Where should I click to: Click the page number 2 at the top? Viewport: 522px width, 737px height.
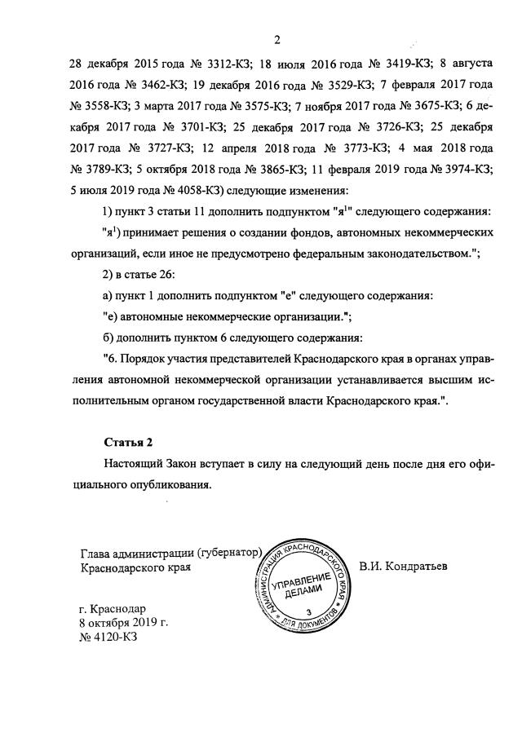pyautogui.click(x=277, y=41)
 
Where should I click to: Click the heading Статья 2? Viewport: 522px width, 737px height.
pyautogui.click(x=129, y=443)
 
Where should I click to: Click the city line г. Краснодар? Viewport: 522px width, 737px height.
pyautogui.click(x=113, y=608)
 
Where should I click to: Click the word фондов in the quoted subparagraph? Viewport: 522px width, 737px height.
pyautogui.click(x=309, y=233)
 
